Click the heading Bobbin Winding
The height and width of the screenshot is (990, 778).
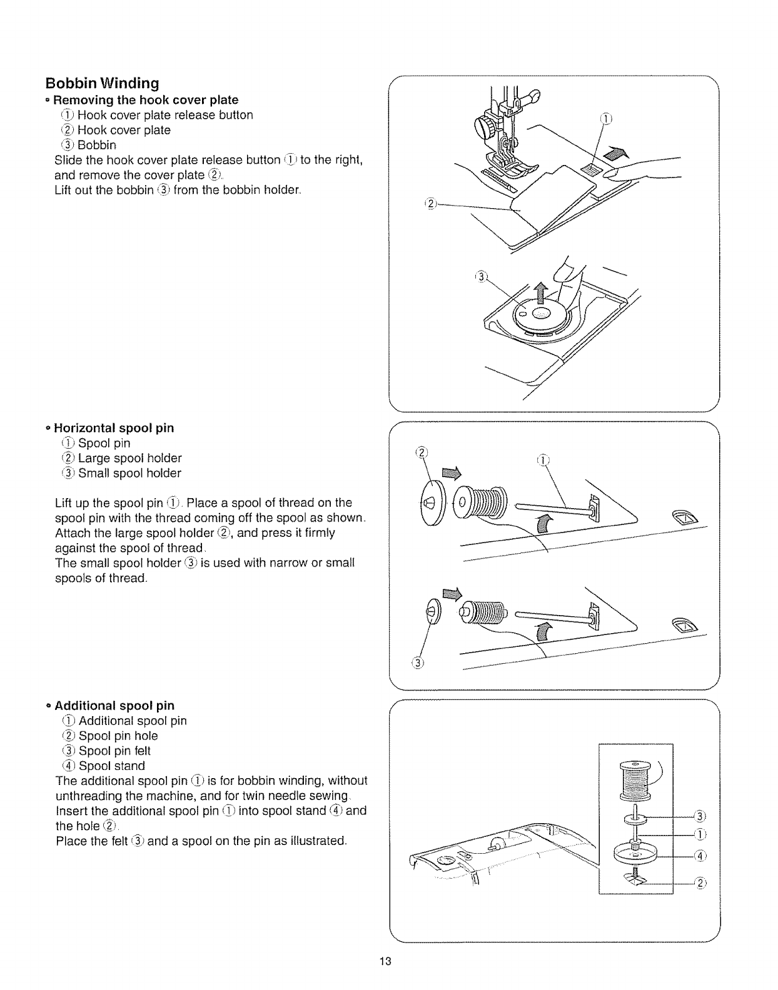click(x=102, y=83)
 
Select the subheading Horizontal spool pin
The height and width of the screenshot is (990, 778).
click(x=114, y=428)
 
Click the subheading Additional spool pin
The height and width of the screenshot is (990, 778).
click(x=114, y=706)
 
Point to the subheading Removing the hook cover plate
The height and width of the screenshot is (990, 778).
click(x=146, y=100)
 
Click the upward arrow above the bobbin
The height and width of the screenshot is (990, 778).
click(x=542, y=292)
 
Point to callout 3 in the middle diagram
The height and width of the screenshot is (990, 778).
click(x=418, y=663)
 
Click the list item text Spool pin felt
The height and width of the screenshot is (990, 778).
click(x=114, y=751)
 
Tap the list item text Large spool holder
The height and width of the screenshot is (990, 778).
click(x=129, y=458)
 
